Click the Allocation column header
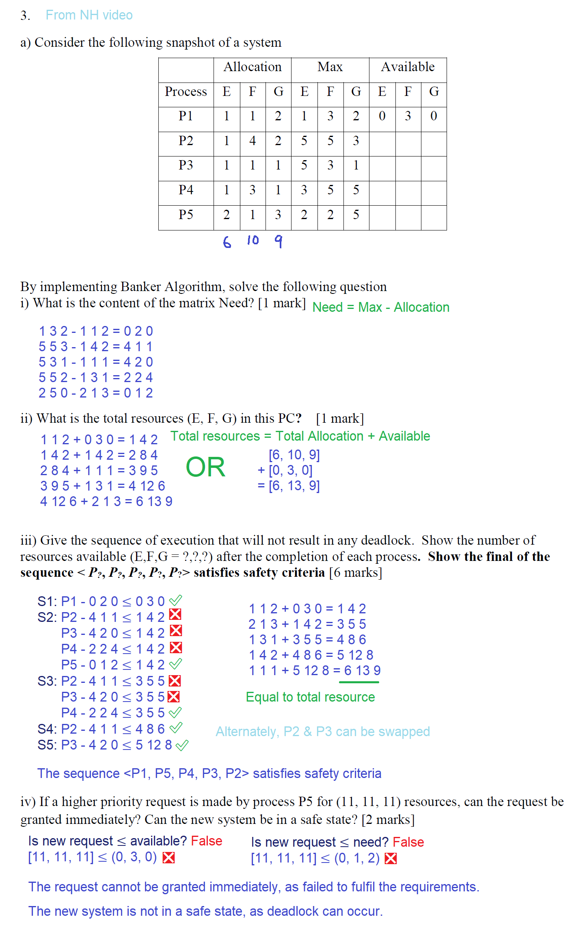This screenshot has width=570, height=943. click(252, 67)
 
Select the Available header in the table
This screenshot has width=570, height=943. click(408, 67)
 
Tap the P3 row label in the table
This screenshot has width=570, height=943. click(186, 165)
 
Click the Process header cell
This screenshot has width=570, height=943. click(186, 92)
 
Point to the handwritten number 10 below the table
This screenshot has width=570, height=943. click(253, 240)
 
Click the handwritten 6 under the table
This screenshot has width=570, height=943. click(227, 242)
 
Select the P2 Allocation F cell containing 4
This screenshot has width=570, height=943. click(253, 141)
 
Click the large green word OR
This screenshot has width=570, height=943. click(205, 467)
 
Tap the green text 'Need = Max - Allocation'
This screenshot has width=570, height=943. click(381, 307)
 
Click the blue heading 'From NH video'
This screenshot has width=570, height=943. click(89, 15)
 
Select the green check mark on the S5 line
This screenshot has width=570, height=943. click(182, 745)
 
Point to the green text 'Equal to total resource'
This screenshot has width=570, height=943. click(310, 697)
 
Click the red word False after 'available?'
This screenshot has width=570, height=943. click(207, 841)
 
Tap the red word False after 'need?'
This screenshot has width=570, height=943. click(408, 842)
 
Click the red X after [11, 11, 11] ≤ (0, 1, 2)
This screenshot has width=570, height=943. click(391, 858)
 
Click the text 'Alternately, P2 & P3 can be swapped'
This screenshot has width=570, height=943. click(322, 732)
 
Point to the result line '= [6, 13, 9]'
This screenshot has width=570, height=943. click(289, 486)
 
